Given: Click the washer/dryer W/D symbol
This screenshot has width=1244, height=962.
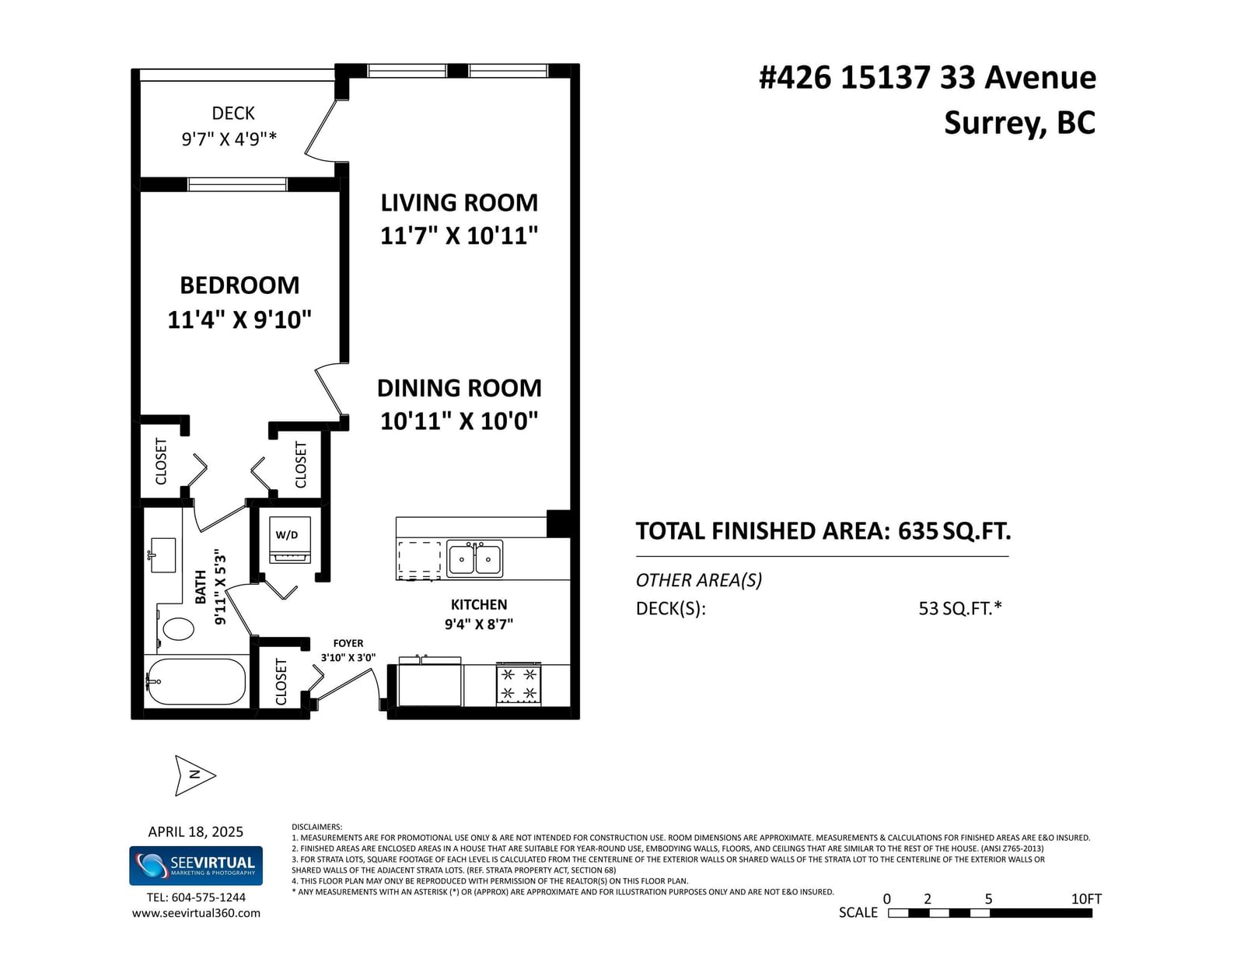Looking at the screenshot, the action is tap(290, 540).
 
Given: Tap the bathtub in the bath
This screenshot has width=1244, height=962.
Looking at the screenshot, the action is tap(196, 680).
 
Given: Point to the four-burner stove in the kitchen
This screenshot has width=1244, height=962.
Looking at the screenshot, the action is tap(518, 684).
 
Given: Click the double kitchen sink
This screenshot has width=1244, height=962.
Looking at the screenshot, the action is tap(474, 558).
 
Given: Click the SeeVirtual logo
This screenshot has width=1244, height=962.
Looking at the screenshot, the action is tap(196, 866).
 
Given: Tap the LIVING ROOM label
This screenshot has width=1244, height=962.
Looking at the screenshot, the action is tap(460, 203).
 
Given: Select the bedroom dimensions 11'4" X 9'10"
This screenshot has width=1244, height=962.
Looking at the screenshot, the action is tap(239, 320).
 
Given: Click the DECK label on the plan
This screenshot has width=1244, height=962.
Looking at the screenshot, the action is tap(233, 114).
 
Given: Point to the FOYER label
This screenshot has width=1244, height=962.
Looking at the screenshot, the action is tap(348, 643).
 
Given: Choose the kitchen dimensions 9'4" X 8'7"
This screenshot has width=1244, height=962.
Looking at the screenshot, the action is tap(479, 624).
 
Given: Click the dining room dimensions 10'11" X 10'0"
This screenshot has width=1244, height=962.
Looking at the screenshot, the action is tap(460, 422).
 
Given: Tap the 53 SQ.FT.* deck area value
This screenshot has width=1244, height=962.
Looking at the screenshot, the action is tap(960, 608).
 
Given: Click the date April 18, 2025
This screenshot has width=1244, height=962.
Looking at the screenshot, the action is tap(196, 831).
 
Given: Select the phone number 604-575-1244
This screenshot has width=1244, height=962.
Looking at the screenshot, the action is tap(208, 897).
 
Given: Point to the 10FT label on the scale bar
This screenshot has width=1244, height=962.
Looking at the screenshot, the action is tap(1086, 898).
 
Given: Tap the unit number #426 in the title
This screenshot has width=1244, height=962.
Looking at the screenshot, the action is tap(795, 77).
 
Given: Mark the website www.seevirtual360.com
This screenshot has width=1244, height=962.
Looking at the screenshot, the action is tap(197, 913).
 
